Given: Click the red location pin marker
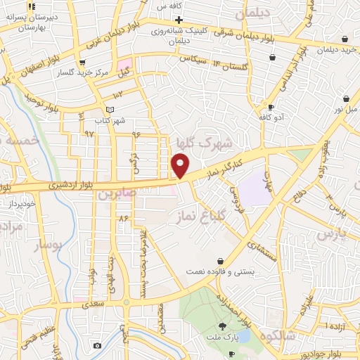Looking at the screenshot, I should coord(180,166).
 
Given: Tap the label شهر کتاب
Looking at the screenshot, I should coord(111,120).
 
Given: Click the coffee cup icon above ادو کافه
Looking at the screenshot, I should coord(271,107).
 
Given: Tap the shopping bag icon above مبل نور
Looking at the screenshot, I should coord(345,100).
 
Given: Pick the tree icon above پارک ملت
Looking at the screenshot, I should coord(223,326).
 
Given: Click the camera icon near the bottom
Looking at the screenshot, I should coord(97,345).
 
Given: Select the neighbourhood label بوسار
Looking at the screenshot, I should coord(48,246).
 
